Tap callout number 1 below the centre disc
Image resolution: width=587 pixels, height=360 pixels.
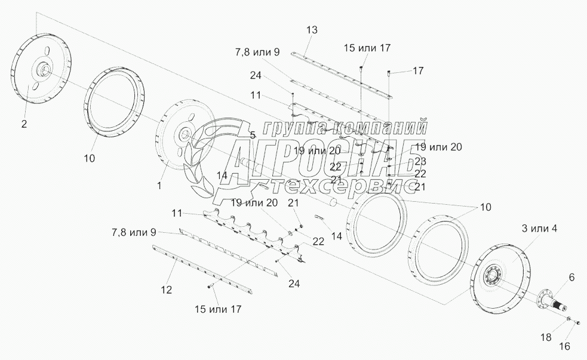[x=159, y=185]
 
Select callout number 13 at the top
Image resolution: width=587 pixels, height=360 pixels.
[x=313, y=30]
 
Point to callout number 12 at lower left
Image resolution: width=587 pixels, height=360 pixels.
[x=167, y=290]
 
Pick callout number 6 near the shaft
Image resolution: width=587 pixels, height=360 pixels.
[x=571, y=277]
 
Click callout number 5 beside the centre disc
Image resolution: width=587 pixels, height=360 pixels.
[x=253, y=136]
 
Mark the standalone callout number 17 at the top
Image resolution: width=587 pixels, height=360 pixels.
[x=417, y=70]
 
